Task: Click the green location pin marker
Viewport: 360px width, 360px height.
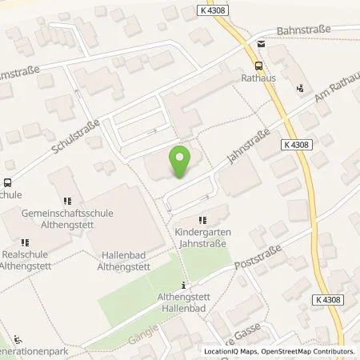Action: [x=181, y=162]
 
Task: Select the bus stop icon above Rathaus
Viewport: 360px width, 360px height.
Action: [x=258, y=66]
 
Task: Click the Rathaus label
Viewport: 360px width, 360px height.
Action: [x=258, y=79]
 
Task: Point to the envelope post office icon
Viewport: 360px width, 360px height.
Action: [x=262, y=38]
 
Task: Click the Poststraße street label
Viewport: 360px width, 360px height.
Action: [x=257, y=258]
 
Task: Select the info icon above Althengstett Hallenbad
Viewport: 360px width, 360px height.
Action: [x=185, y=286]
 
